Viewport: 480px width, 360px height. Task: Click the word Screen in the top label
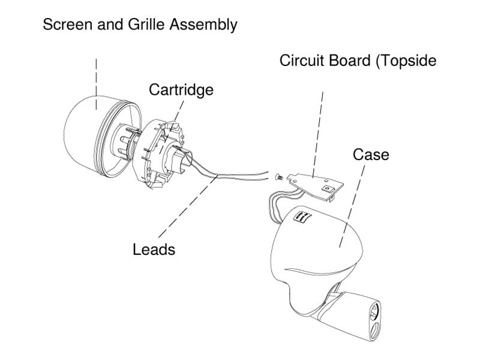[x=68, y=25]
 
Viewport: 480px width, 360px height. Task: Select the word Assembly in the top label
[x=203, y=25]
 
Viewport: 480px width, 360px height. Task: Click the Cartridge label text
[x=181, y=91]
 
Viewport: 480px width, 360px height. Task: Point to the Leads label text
[x=154, y=250]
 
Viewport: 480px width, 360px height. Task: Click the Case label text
[x=371, y=155]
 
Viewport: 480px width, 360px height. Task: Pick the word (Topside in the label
[x=407, y=61]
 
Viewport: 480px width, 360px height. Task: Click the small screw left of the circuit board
[x=278, y=177]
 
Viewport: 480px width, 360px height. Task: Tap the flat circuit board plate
[x=315, y=186]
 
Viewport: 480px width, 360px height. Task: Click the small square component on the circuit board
[x=327, y=189]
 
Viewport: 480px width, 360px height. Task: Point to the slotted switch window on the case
[x=302, y=217]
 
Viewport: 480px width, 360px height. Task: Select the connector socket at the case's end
[x=375, y=320]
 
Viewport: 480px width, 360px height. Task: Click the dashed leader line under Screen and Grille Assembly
[x=97, y=84]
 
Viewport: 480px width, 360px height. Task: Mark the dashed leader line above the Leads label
[x=187, y=208]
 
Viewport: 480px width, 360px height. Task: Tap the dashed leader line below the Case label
[x=352, y=206]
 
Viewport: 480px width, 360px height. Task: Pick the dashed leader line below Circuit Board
[x=318, y=134]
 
